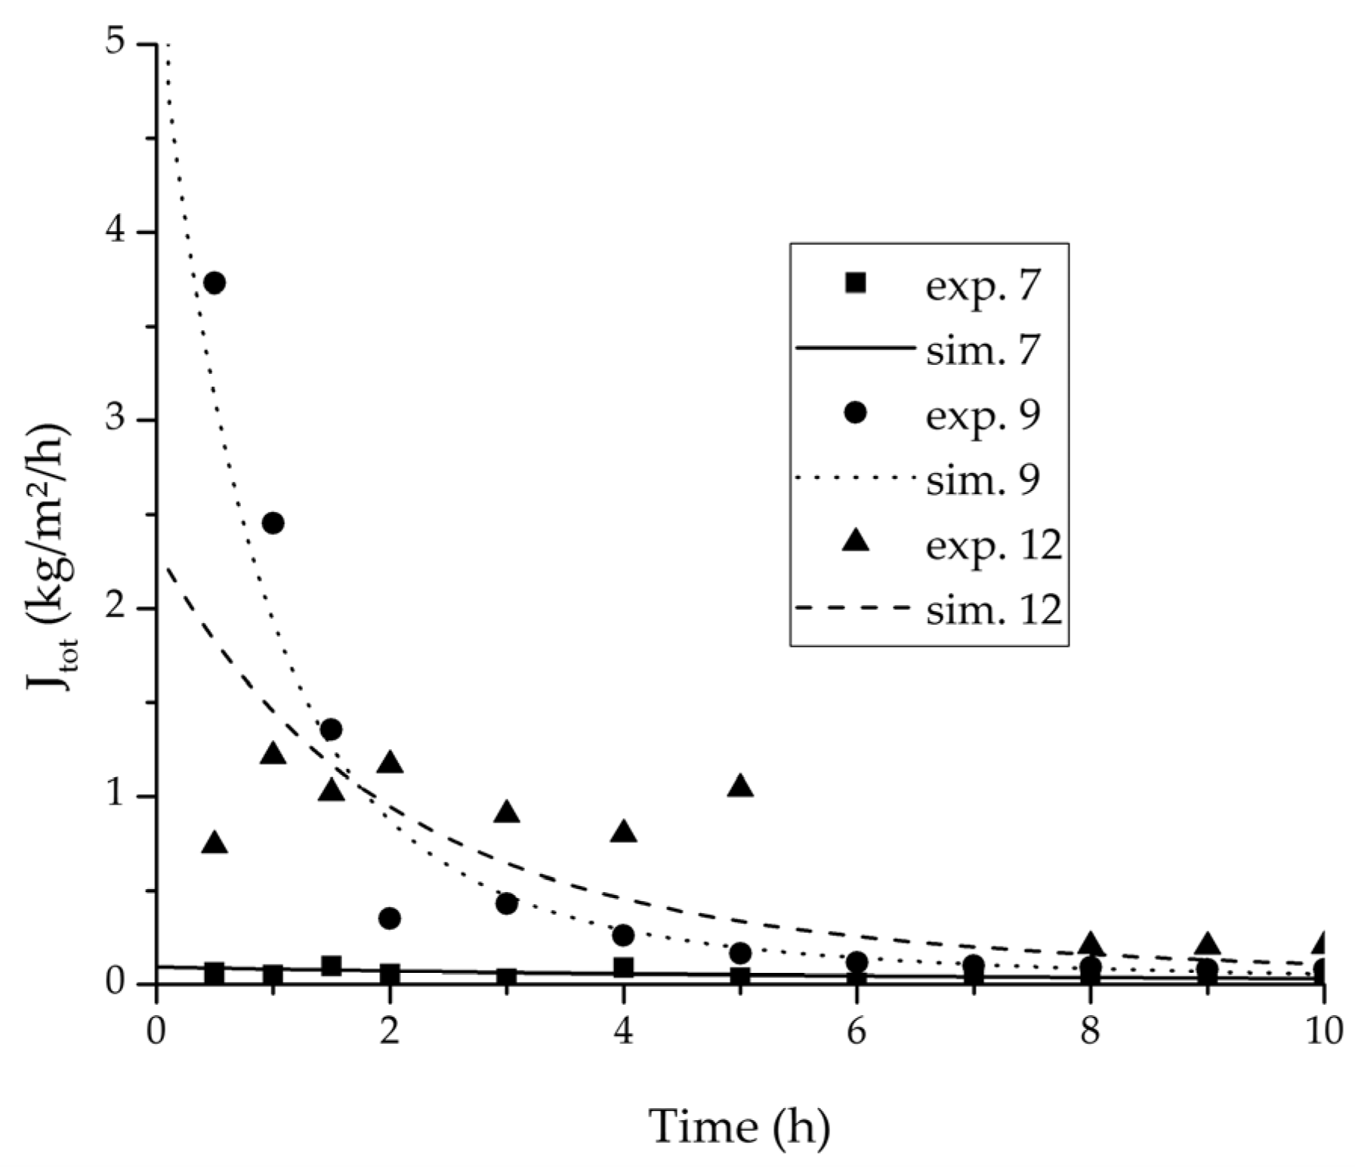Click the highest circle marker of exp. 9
pos(215,283)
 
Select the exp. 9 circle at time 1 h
pos(273,523)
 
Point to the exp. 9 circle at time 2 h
pos(390,918)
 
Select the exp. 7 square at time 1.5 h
pos(331,966)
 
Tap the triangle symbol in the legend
pos(854,541)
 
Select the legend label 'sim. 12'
pos(994,609)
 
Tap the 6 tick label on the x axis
pos(856,1031)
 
